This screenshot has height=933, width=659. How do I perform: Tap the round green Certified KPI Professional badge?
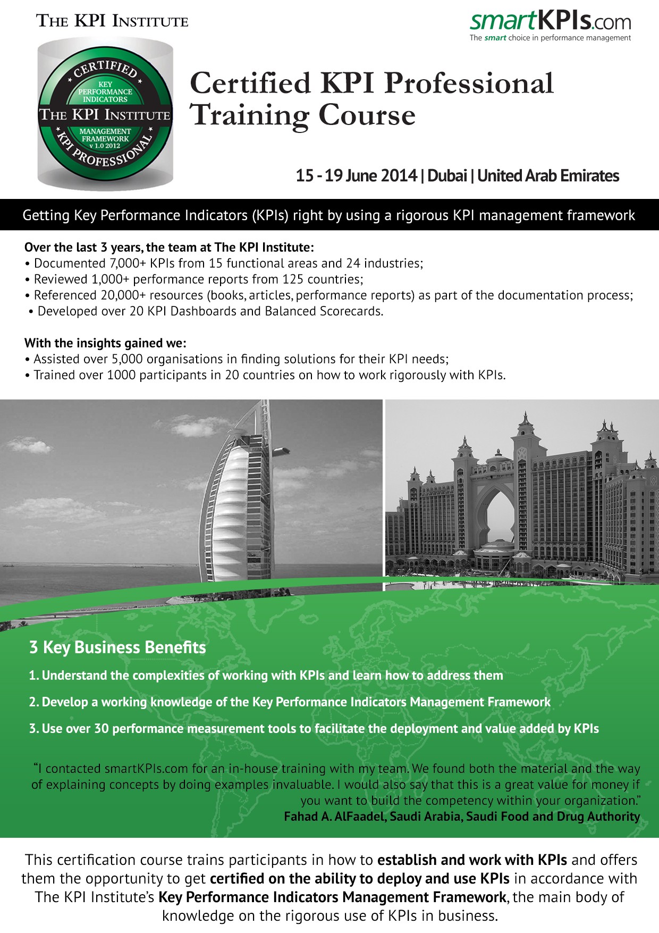coord(105,114)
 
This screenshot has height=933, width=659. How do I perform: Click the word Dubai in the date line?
coord(447,176)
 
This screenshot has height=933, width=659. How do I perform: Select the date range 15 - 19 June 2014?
coord(356,176)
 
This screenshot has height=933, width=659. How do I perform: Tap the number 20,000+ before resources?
coord(123,295)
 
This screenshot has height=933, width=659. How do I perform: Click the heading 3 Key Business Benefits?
coord(117,647)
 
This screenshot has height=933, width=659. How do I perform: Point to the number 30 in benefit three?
coord(102,729)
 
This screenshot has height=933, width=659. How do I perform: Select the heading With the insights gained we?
coord(105,343)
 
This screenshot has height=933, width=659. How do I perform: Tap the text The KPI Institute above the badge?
coord(112,21)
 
